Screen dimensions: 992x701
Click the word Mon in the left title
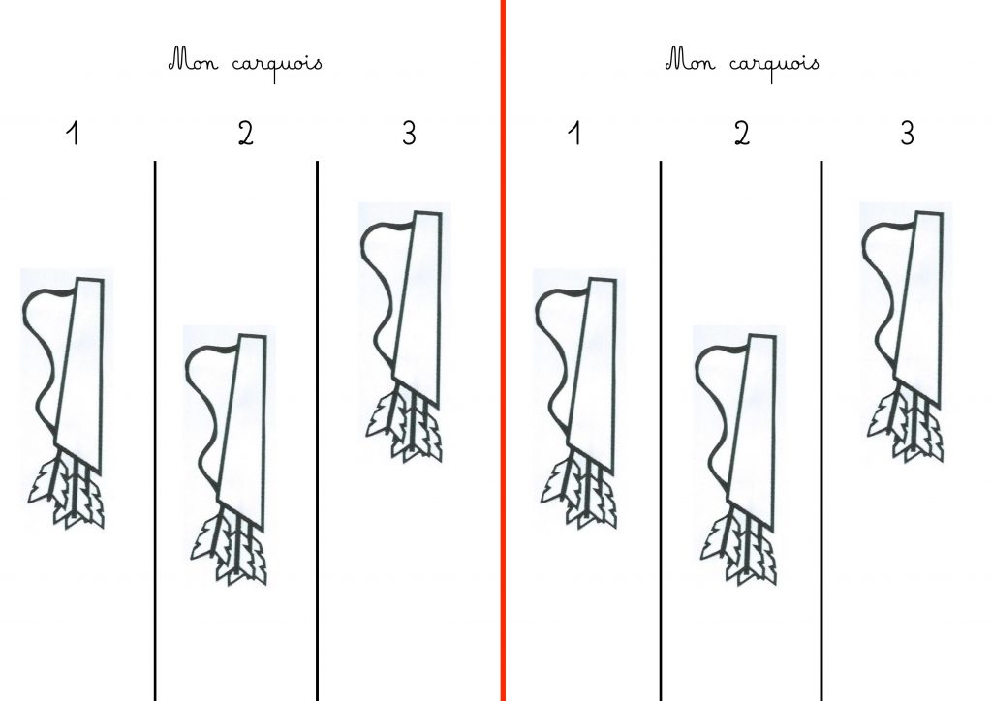click(x=194, y=60)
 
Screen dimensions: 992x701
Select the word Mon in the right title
click(x=690, y=60)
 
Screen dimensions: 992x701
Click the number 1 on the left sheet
click(x=73, y=134)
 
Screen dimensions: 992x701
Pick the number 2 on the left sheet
click(x=245, y=134)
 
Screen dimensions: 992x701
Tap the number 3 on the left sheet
click(x=410, y=134)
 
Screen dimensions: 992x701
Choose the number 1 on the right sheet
click(x=573, y=134)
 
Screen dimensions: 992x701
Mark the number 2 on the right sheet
click(x=741, y=134)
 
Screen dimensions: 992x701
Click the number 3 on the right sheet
click(x=907, y=134)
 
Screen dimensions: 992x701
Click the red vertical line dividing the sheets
click(x=503, y=350)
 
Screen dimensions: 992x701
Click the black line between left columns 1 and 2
click(x=155, y=431)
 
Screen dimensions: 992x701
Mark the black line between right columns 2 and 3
click(x=821, y=431)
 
